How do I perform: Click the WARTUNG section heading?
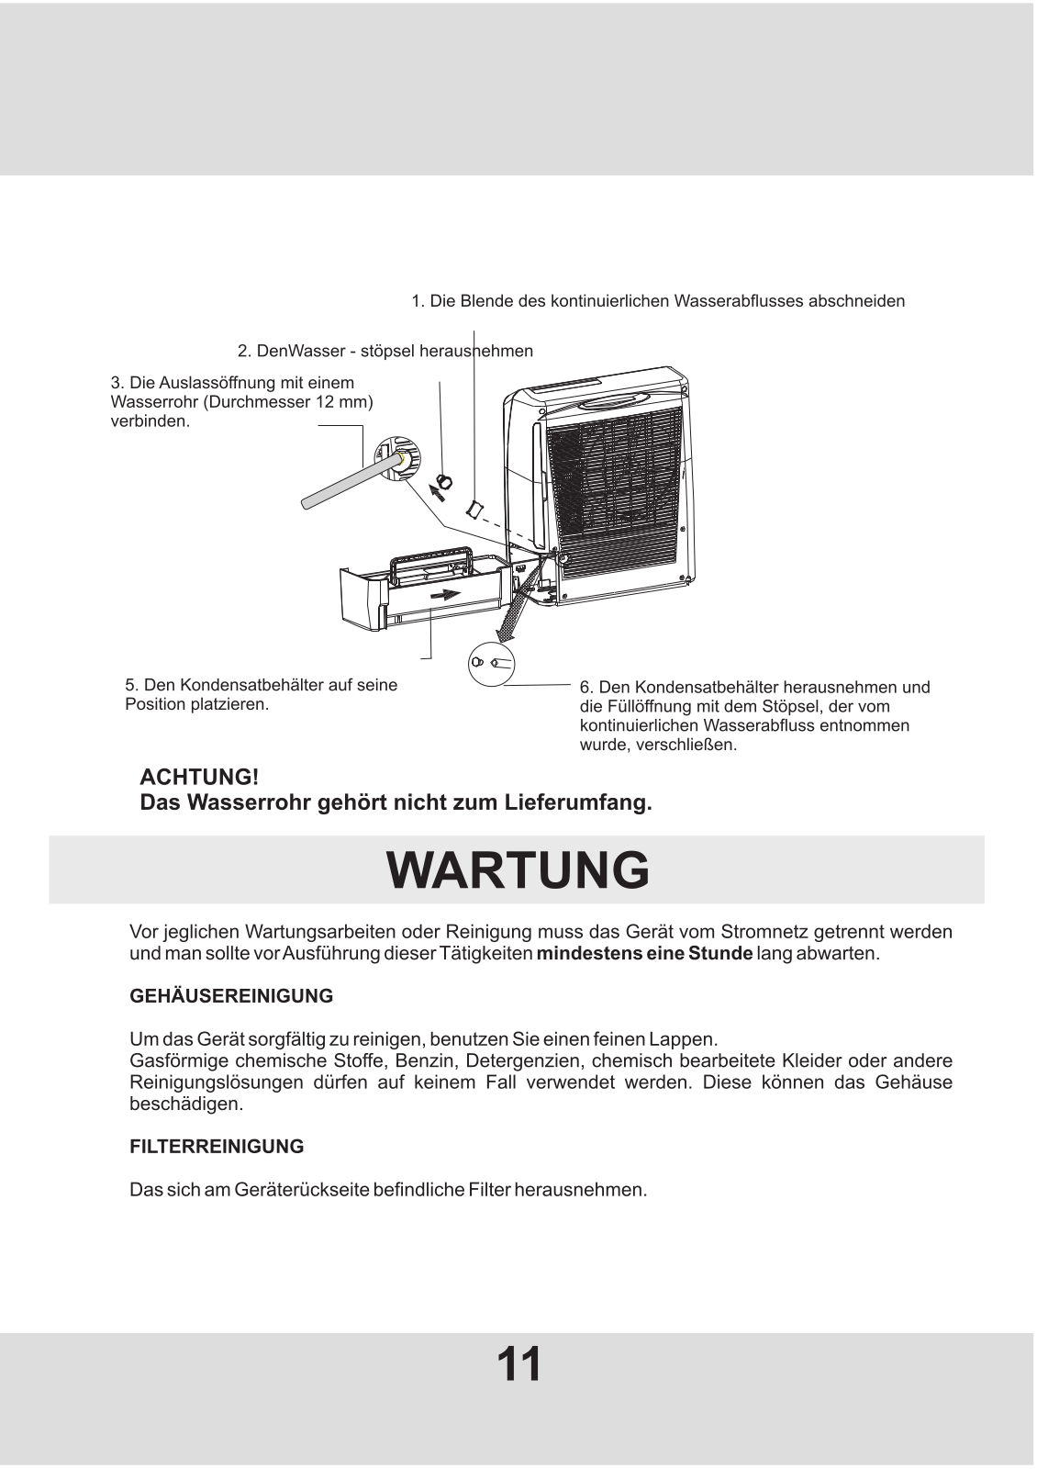518,869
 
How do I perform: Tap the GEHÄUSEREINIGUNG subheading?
231,996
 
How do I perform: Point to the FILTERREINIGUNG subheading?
217,1147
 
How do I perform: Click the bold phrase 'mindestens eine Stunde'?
644,953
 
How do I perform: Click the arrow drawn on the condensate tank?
446,595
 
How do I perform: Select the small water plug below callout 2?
445,480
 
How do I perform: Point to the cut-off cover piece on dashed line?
475,507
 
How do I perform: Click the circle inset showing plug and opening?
491,662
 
